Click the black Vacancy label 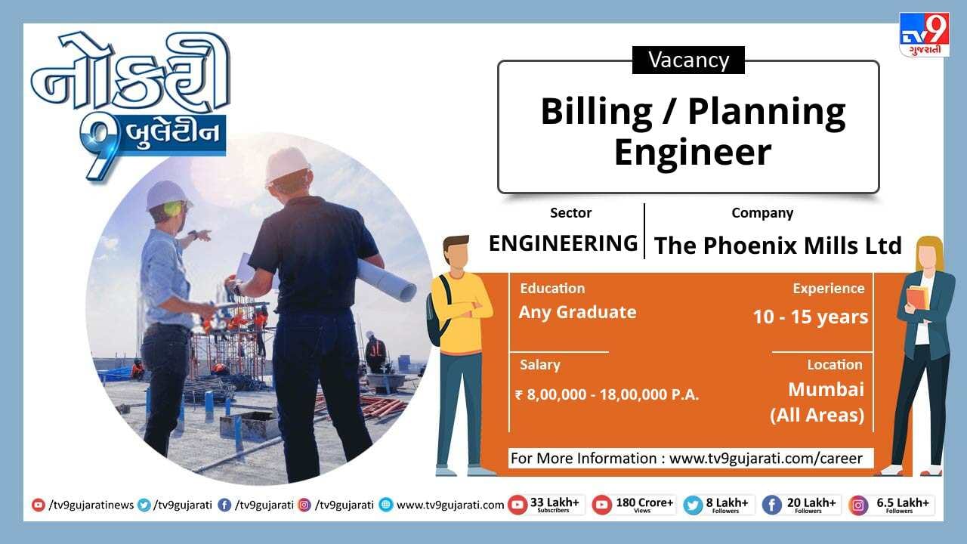coord(688,60)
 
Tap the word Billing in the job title coord(596,113)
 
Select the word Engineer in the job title coord(693,153)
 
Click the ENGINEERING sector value coord(563,243)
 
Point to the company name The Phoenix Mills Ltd coord(778,246)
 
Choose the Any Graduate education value coord(577,312)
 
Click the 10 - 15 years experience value coord(811,317)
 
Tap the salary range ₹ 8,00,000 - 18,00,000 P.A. coord(607,394)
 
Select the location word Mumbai coord(826,389)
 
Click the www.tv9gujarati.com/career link coord(765,459)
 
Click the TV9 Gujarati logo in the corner coord(924,35)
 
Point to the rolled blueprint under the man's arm coord(385,280)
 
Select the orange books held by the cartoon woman coord(917,298)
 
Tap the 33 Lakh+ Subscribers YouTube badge coord(545,505)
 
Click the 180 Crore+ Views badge coord(633,505)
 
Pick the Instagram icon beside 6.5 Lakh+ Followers coord(858,505)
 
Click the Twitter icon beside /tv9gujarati coord(144,505)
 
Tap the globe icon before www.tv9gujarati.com coord(386,505)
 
